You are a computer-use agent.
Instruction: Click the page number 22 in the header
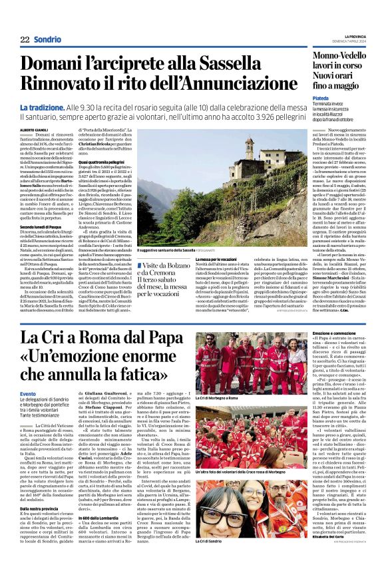click(x=25, y=39)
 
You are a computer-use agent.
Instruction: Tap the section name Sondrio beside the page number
click(x=47, y=39)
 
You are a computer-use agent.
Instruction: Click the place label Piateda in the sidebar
click(x=321, y=96)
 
